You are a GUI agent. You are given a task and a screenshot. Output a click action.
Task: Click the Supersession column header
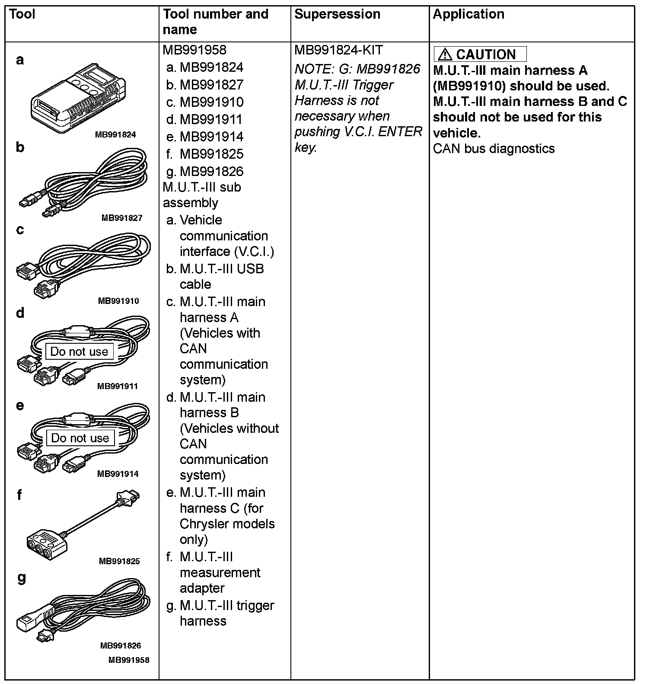click(x=337, y=14)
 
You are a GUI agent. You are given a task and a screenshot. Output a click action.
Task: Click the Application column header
click(x=468, y=14)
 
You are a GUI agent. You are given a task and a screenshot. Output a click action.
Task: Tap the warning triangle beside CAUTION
click(x=445, y=54)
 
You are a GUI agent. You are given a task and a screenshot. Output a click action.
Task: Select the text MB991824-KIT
click(x=338, y=50)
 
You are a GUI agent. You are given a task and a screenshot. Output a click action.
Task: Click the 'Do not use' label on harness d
click(x=79, y=352)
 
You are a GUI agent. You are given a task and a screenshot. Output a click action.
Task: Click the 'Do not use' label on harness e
click(x=80, y=438)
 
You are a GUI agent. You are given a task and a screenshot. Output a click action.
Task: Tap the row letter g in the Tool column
click(x=21, y=578)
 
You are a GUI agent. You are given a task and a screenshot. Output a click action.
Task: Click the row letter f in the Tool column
click(x=19, y=495)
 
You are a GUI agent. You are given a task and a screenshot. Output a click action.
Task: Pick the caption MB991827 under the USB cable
click(x=121, y=218)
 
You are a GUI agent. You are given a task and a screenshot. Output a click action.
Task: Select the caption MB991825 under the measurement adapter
click(x=119, y=561)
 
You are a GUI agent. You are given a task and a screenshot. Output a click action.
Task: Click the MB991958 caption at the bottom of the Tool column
click(x=129, y=660)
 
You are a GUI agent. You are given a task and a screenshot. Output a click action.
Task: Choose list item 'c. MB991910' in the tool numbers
click(x=205, y=102)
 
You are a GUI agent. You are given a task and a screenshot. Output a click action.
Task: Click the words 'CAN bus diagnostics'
click(x=494, y=149)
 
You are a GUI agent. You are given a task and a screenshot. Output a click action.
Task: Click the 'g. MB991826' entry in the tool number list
click(x=205, y=172)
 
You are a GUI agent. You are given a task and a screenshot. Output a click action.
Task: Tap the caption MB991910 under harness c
click(x=118, y=301)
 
